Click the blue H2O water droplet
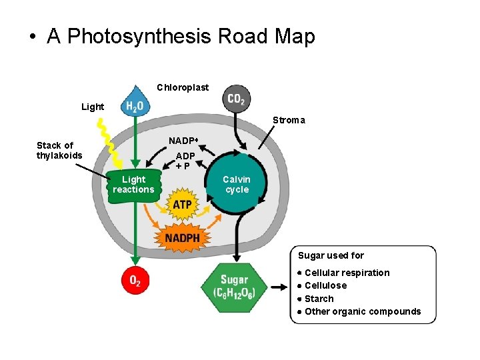pyautogui.click(x=135, y=103)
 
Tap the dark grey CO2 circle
pyautogui.click(x=236, y=99)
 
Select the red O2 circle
pyautogui.click(x=135, y=281)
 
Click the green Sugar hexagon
pyautogui.click(x=233, y=288)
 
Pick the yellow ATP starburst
pyautogui.click(x=182, y=205)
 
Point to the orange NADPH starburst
pyautogui.click(x=182, y=237)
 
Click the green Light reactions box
pyautogui.click(x=133, y=185)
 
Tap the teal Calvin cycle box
pyautogui.click(x=237, y=185)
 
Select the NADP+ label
pyautogui.click(x=183, y=141)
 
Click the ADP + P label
pyautogui.click(x=186, y=161)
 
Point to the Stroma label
pyautogui.click(x=289, y=121)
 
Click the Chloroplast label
pyautogui.click(x=183, y=87)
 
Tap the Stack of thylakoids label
pyautogui.click(x=59, y=151)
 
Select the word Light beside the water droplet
pyautogui.click(x=93, y=107)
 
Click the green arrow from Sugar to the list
pyautogui.click(x=278, y=289)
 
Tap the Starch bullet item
pyautogui.click(x=319, y=299)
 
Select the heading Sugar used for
pyautogui.click(x=331, y=255)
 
